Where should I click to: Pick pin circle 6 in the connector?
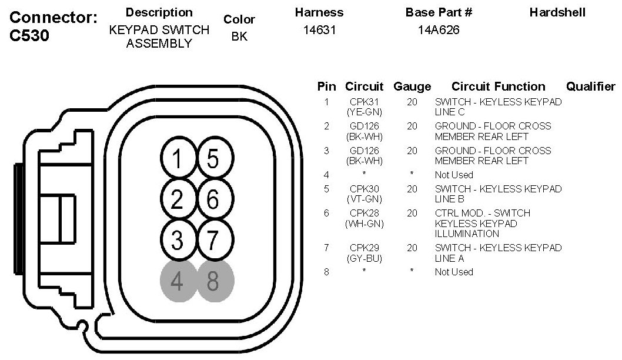pos(213,200)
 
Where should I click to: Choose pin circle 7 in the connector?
pos(213,241)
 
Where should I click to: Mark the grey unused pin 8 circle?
pos(213,281)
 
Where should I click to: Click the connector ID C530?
pos(29,36)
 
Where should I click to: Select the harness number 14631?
pos(319,30)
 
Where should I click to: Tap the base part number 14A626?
pos(439,30)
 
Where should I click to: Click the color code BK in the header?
pos(239,36)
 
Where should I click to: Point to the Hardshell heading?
pos(557,12)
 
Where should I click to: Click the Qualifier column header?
pos(590,86)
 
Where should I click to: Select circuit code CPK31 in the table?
pos(364,102)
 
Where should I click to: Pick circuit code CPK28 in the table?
pos(364,213)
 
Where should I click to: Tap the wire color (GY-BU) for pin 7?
pos(364,258)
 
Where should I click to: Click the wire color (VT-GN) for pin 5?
pos(364,199)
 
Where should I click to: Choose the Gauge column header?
pos(412,86)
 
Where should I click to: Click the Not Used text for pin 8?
pos(454,272)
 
